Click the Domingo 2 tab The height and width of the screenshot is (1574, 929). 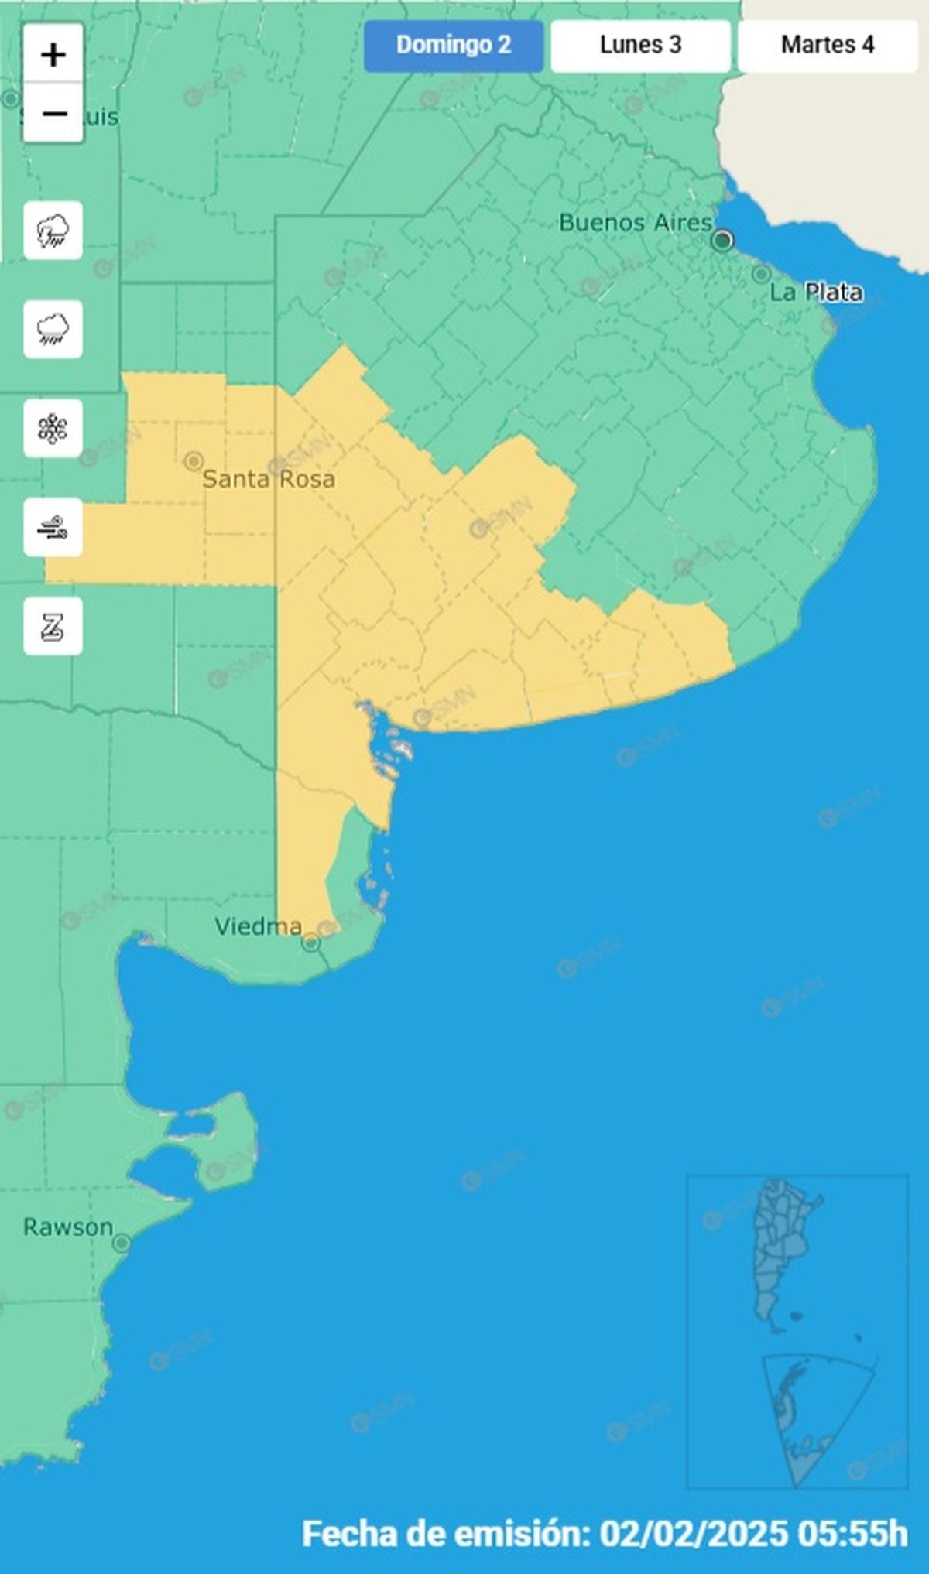coord(454,46)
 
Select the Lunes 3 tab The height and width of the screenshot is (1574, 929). coord(640,46)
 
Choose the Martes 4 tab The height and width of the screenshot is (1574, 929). coord(828,46)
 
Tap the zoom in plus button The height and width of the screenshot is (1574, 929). coord(53,55)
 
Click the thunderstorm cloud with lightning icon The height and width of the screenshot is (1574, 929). coord(53,231)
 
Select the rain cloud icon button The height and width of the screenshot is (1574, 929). coord(53,330)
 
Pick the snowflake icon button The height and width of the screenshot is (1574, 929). coord(53,429)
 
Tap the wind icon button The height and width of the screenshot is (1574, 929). coord(53,528)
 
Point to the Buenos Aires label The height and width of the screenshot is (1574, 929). coord(635,223)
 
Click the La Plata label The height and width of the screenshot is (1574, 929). coord(816,293)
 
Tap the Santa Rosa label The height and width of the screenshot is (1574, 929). coord(269,479)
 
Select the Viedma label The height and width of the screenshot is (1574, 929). coord(258,926)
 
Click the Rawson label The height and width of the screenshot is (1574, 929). coord(68,1227)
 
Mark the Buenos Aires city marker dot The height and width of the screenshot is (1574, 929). coord(722,241)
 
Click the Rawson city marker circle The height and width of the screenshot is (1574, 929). coord(122,1244)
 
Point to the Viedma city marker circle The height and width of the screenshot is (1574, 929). coord(310,943)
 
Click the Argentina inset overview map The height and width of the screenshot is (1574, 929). coord(797,1331)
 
